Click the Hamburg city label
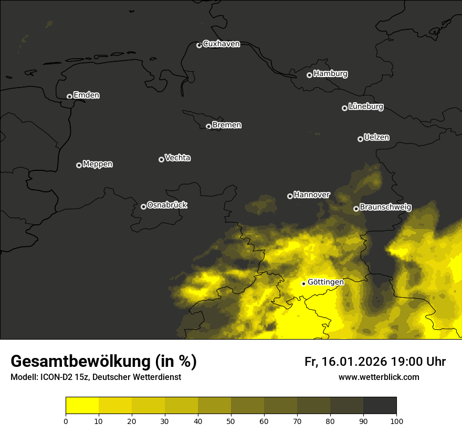click(x=330, y=74)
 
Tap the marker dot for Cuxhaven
click(x=199, y=45)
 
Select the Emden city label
click(x=86, y=95)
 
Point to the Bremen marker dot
click(x=208, y=126)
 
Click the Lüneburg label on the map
click(x=365, y=107)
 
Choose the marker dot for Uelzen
click(x=360, y=139)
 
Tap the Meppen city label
click(x=98, y=164)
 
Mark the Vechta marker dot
click(x=161, y=159)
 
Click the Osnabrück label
click(x=167, y=205)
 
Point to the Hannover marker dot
click(x=290, y=196)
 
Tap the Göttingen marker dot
click(x=303, y=284)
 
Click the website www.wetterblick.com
click(x=379, y=377)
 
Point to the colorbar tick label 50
click(x=231, y=421)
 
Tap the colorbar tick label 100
click(x=396, y=421)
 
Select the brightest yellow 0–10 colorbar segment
click(x=82, y=406)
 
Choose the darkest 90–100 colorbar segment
click(x=380, y=406)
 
